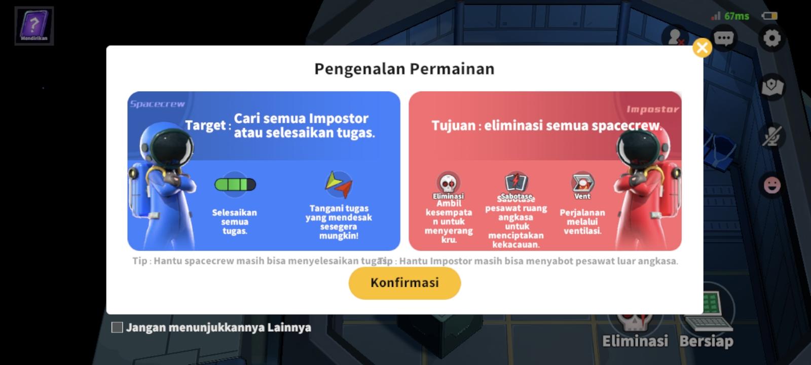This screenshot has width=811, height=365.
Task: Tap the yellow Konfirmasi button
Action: point(404,283)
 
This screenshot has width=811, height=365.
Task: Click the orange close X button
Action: point(702,48)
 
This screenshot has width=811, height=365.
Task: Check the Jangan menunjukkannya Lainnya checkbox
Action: point(117,327)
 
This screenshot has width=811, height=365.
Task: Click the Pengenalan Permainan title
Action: point(404,68)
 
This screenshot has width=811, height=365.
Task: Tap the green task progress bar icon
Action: point(235,185)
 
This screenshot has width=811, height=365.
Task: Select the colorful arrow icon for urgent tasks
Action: point(338,185)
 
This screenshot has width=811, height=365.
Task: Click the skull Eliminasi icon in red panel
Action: point(448,183)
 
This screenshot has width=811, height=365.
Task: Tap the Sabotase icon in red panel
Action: point(516,182)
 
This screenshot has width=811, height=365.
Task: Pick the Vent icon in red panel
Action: point(582,182)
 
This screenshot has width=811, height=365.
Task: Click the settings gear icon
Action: point(771,38)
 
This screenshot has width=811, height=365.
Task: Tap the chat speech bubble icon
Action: point(723,38)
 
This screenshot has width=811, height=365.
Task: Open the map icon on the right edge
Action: point(772,87)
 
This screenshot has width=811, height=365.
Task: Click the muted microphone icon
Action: point(772,136)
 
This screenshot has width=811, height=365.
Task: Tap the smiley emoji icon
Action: point(772,185)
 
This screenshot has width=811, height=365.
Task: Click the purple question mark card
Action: point(34,25)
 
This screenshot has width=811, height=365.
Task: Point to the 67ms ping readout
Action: point(736,16)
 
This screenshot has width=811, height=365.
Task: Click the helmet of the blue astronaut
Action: point(172,147)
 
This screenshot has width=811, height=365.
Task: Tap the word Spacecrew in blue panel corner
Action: point(157,104)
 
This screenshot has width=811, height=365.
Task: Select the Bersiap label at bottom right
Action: point(706,341)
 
